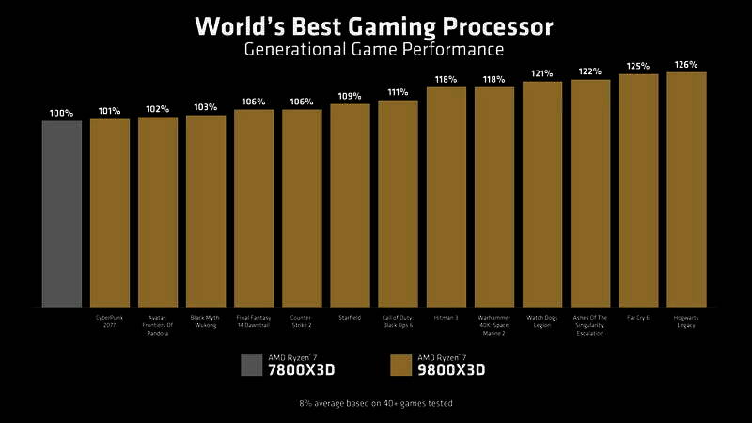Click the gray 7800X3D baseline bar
click(x=61, y=213)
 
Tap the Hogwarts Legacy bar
click(x=686, y=189)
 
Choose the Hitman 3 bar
click(x=446, y=196)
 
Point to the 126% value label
click(x=686, y=65)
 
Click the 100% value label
click(x=61, y=113)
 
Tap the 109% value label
click(x=350, y=97)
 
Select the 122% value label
click(x=590, y=71)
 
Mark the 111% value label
click(x=398, y=92)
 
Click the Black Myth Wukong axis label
click(x=206, y=321)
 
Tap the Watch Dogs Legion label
click(x=542, y=321)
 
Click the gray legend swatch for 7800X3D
click(x=252, y=364)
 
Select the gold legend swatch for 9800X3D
click(x=400, y=364)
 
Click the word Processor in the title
click(x=492, y=25)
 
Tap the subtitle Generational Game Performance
click(x=373, y=49)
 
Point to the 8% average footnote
click(x=376, y=403)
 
